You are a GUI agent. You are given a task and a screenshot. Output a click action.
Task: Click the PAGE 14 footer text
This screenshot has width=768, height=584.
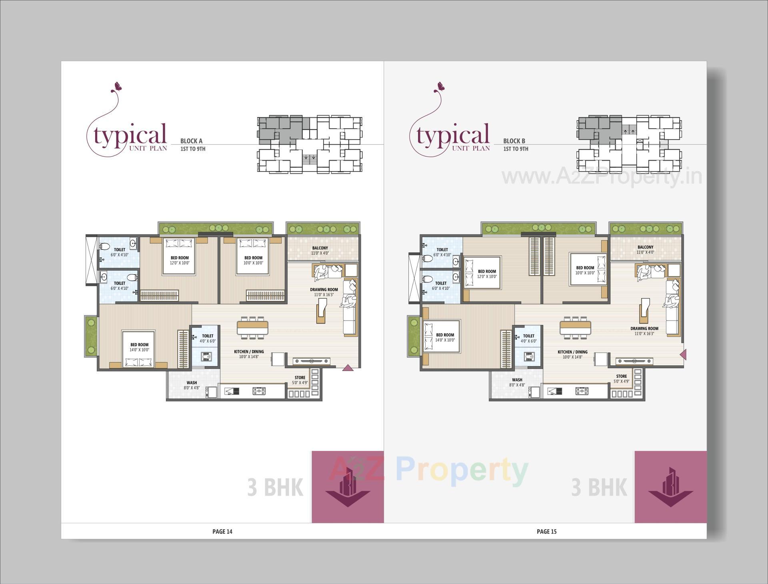click(x=222, y=531)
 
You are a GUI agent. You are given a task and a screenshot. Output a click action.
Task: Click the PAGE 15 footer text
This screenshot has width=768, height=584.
click(x=546, y=531)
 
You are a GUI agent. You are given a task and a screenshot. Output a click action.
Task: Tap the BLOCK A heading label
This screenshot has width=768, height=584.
click(x=191, y=141)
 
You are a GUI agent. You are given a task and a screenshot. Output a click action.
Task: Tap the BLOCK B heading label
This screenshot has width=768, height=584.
click(x=514, y=141)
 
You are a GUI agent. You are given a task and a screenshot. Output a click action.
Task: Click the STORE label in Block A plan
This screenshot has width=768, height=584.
click(x=300, y=378)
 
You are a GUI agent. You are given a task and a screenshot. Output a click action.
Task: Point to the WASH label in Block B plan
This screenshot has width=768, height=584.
click(x=517, y=380)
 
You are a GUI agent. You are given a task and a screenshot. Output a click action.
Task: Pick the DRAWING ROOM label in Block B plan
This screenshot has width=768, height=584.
click(x=644, y=329)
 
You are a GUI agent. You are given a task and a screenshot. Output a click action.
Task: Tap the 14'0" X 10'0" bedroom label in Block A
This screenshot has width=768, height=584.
click(x=139, y=350)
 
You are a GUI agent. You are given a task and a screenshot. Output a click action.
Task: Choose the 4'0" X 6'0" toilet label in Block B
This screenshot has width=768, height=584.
click(x=528, y=341)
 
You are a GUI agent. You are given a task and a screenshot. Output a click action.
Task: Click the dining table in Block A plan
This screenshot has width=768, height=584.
click(x=253, y=328)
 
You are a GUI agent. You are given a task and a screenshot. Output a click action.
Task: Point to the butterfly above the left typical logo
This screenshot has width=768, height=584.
click(x=118, y=85)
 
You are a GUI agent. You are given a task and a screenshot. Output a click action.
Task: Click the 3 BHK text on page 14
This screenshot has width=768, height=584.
click(x=275, y=488)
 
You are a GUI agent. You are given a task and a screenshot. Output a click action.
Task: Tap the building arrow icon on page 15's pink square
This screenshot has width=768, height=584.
click(x=670, y=492)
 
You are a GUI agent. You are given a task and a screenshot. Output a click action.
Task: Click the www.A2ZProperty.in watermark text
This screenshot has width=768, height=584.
click(x=602, y=176)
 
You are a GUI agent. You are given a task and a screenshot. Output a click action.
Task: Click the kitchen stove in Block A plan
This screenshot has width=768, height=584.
click(x=259, y=391)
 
